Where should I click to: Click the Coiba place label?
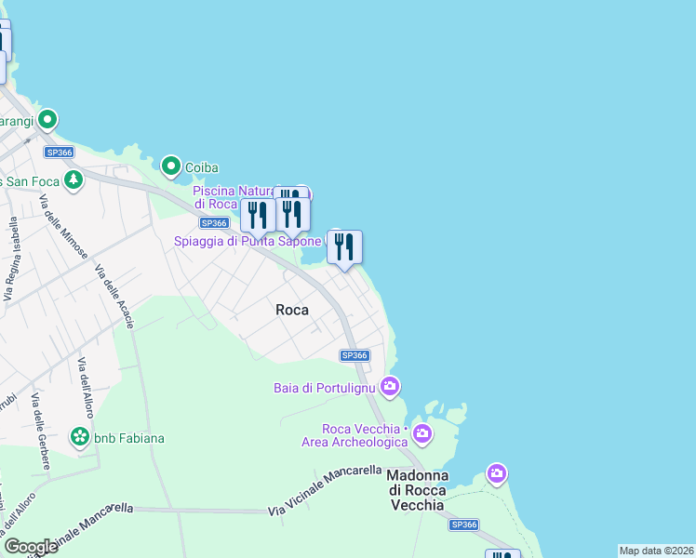201,167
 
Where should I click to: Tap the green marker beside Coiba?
171,166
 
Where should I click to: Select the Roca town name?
293,311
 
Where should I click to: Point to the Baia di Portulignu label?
323,387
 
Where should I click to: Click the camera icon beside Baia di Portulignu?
390,385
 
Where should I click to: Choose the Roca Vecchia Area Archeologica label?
355,435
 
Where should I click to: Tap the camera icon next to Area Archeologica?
422,433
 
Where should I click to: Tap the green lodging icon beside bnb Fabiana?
81,436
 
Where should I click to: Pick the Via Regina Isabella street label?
12,259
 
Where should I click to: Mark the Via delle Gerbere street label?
40,423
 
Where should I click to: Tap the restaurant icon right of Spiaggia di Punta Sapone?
344,247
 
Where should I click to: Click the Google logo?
31,547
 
